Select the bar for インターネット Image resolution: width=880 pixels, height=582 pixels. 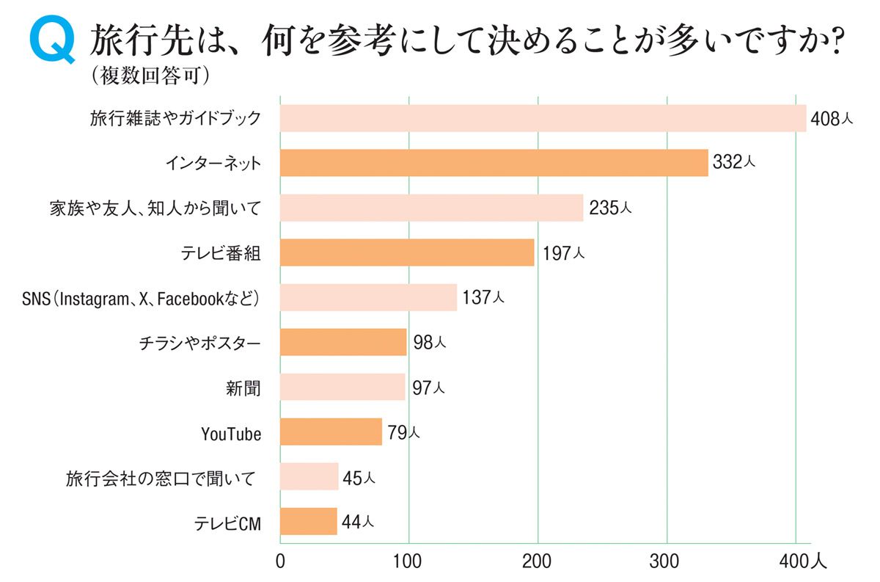(494, 163)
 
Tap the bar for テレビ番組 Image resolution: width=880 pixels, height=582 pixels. (407, 252)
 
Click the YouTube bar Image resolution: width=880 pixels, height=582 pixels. (331, 432)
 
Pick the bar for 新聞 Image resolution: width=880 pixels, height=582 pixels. (342, 387)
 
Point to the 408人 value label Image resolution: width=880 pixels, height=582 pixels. (832, 118)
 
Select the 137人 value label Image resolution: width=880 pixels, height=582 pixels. (483, 297)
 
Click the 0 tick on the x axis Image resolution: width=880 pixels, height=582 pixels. (280, 563)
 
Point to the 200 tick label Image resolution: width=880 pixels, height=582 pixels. (538, 563)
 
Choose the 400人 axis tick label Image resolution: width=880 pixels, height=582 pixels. (802, 563)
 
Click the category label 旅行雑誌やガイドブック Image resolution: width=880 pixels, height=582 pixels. (175, 118)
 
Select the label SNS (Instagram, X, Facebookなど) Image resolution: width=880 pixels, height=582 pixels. (142, 298)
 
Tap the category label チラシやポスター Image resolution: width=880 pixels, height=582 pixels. (199, 343)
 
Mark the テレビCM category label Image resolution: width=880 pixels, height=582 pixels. (227, 523)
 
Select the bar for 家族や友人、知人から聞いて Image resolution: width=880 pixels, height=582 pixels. (431, 208)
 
